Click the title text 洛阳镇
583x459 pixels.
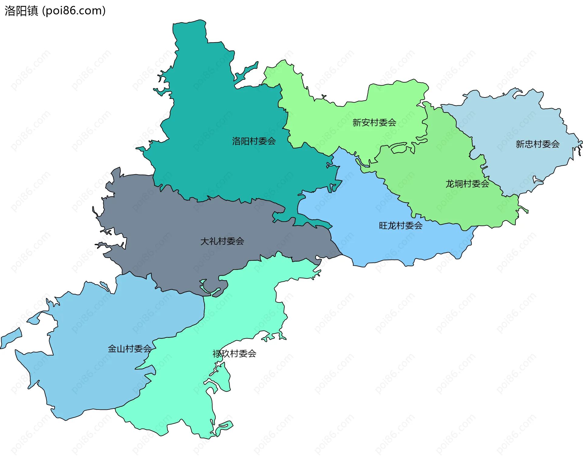(21, 11)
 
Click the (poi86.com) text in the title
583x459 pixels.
(74, 11)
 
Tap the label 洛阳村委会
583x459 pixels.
(254, 141)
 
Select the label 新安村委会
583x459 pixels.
(374, 123)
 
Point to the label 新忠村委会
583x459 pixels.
(537, 144)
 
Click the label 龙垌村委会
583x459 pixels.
(467, 184)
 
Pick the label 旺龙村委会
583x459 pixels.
(401, 226)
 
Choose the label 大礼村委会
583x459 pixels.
(222, 241)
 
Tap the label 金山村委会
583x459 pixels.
(130, 349)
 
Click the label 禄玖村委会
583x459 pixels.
(234, 354)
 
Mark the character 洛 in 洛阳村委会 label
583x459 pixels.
(237, 141)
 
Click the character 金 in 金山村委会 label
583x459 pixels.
(112, 349)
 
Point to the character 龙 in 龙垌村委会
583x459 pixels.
(450, 184)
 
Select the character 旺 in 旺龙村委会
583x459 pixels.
(383, 226)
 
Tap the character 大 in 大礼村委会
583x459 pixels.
(205, 241)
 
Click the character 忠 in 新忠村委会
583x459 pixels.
(529, 144)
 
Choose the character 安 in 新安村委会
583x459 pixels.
(366, 123)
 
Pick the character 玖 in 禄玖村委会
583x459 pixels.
(226, 354)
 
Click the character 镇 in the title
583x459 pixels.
(32, 11)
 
